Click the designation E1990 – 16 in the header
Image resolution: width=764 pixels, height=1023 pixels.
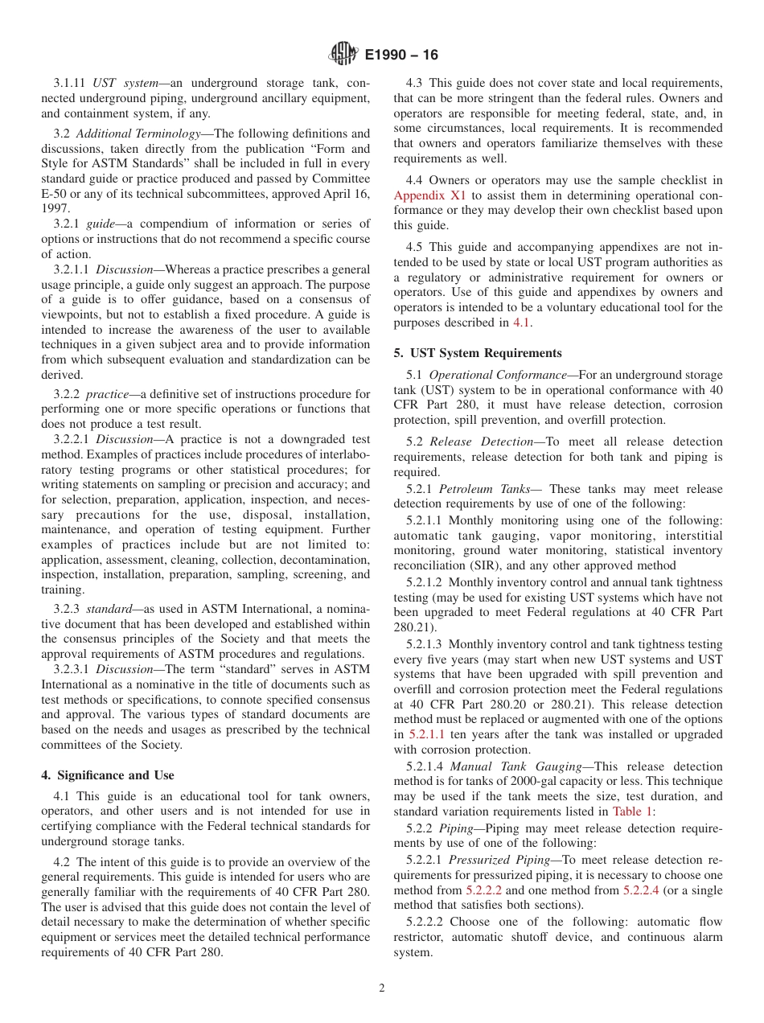401,55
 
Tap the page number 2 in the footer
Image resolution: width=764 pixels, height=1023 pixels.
382,988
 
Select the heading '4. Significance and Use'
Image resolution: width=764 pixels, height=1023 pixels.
108,775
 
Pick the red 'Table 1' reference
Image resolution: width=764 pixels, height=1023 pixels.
631,812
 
